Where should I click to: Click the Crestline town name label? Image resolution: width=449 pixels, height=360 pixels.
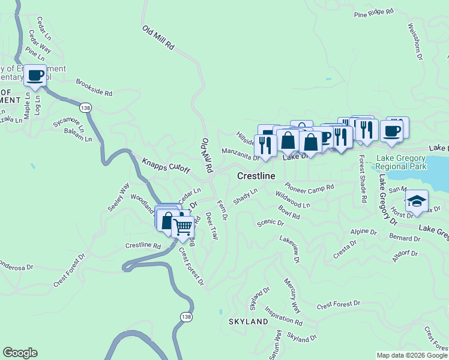tap(256, 176)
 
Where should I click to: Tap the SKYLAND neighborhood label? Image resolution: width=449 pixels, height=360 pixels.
tap(248, 322)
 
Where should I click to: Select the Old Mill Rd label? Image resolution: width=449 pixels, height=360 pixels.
tap(158, 37)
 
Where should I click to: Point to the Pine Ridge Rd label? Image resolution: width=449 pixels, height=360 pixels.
tap(373, 12)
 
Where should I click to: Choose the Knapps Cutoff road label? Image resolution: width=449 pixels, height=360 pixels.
tap(166, 166)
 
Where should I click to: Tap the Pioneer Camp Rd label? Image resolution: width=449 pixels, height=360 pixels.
tap(309, 189)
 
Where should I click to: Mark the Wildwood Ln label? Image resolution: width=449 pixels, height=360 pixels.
tap(293, 200)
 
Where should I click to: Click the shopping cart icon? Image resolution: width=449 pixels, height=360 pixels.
tap(183, 227)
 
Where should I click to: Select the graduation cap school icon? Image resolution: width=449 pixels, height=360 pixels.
tap(416, 201)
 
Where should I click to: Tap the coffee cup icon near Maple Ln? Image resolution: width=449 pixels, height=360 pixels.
tap(35, 76)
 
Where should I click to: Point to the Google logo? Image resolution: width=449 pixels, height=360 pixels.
tap(20, 353)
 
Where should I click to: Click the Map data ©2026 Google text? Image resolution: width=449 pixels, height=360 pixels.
tap(412, 355)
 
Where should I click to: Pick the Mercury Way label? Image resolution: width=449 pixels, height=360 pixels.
tap(292, 295)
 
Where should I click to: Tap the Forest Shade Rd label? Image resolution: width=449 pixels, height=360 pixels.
tap(362, 178)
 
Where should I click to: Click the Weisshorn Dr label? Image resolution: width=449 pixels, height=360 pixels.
tap(415, 41)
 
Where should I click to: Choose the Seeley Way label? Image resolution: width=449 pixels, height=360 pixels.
tap(119, 197)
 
